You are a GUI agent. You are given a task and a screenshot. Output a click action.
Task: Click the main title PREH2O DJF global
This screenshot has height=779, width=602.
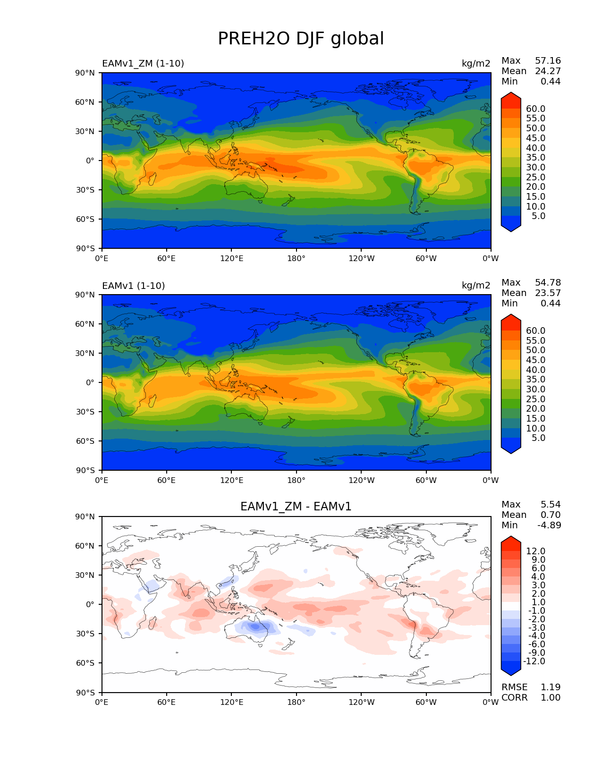pyautogui.click(x=301, y=39)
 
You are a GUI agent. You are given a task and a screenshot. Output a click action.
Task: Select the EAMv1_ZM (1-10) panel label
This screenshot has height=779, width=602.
pyautogui.click(x=143, y=64)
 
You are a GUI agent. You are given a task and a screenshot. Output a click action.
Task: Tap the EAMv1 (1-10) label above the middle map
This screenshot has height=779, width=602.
pyautogui.click(x=133, y=286)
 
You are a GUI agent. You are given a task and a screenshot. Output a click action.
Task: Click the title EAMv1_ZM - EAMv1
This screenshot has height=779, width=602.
pyautogui.click(x=296, y=507)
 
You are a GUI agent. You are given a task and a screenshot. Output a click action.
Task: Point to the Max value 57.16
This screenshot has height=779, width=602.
pyautogui.click(x=548, y=61)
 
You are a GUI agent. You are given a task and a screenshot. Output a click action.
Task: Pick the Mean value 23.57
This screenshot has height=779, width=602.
pyautogui.click(x=548, y=293)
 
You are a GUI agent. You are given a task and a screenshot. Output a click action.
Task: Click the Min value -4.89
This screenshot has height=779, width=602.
pyautogui.click(x=549, y=525)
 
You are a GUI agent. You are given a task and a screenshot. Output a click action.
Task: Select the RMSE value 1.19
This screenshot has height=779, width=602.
pyautogui.click(x=550, y=687)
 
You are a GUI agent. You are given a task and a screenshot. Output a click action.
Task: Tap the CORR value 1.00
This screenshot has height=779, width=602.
pyautogui.click(x=550, y=698)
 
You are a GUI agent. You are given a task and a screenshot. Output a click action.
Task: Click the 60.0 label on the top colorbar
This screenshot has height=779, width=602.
pyautogui.click(x=535, y=109)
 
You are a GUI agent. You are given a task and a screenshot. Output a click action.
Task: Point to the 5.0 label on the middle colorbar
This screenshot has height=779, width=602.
pyautogui.click(x=538, y=438)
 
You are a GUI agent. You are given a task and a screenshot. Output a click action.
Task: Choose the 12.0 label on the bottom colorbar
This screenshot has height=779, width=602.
pyautogui.click(x=535, y=551)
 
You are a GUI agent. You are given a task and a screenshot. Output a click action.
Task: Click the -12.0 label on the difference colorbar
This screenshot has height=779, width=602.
pyautogui.click(x=534, y=661)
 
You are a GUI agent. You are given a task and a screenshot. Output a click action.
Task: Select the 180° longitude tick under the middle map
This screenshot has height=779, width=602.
pyautogui.click(x=296, y=481)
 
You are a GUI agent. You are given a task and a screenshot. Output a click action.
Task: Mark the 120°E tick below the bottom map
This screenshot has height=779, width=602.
pyautogui.click(x=231, y=703)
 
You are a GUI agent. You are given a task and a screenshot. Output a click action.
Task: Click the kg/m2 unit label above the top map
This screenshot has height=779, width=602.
pyautogui.click(x=476, y=64)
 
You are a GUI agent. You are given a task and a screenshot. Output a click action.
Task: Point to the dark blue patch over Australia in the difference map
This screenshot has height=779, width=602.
pyautogui.click(x=255, y=627)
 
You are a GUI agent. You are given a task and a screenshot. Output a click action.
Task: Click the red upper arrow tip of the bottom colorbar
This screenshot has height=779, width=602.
pyautogui.click(x=511, y=541)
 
